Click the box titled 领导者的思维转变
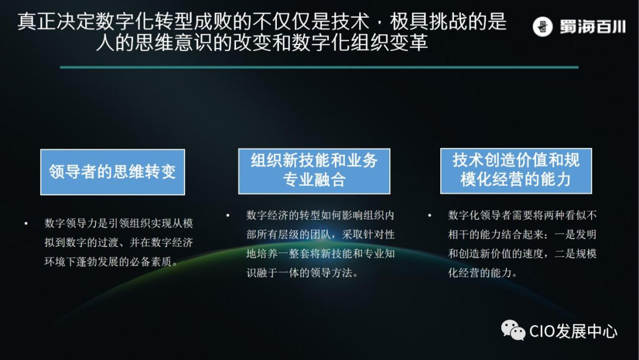click(x=112, y=172)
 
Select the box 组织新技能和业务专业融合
click(x=314, y=171)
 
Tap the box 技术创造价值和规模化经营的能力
click(x=516, y=171)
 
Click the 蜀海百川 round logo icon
click(x=542, y=27)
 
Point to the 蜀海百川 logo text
click(x=592, y=27)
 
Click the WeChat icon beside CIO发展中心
click(x=513, y=330)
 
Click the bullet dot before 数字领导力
click(x=26, y=224)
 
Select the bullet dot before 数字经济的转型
click(x=228, y=216)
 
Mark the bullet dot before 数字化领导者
click(x=430, y=216)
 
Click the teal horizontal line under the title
click(x=319, y=67)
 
